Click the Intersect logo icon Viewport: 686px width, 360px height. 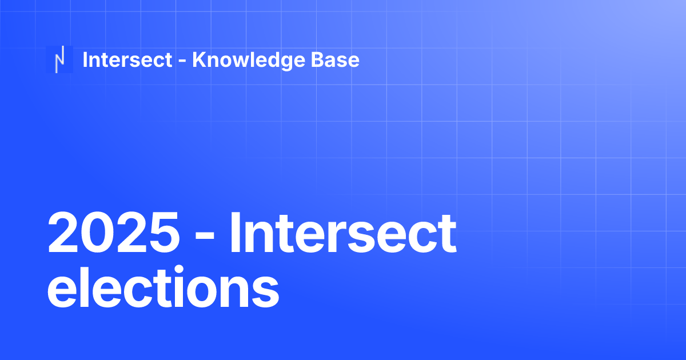pos(59,59)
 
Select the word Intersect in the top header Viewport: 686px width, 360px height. pos(127,59)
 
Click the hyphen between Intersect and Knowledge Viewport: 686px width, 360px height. pos(182,61)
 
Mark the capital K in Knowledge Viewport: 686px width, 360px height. pos(198,59)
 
